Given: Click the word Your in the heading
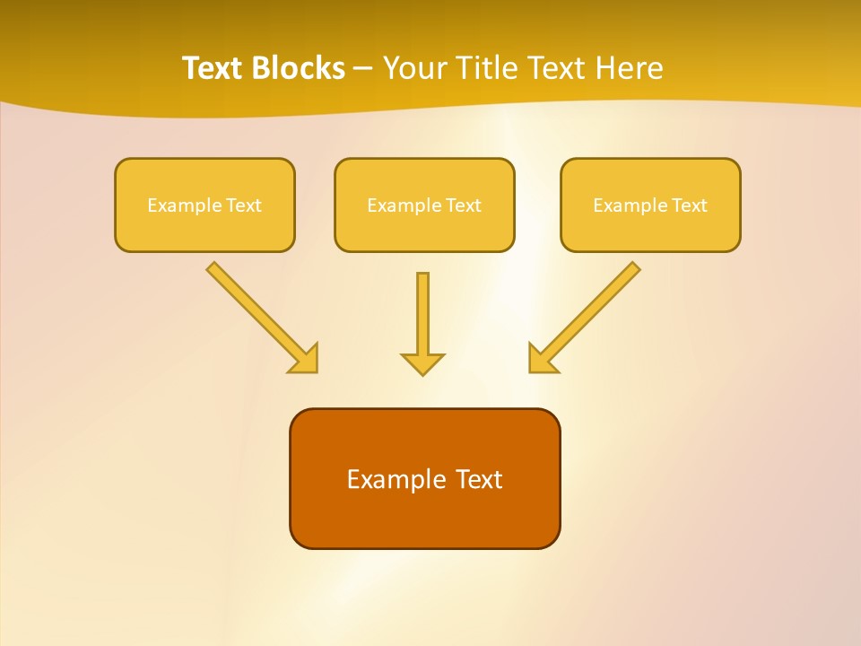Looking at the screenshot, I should click(414, 68).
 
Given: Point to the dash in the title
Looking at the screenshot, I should click(363, 69).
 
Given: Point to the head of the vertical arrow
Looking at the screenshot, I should click(422, 363).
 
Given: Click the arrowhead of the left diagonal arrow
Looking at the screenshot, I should click(306, 360).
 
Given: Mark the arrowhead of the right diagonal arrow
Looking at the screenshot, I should click(541, 360).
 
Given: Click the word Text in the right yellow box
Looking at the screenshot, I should click(689, 205).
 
